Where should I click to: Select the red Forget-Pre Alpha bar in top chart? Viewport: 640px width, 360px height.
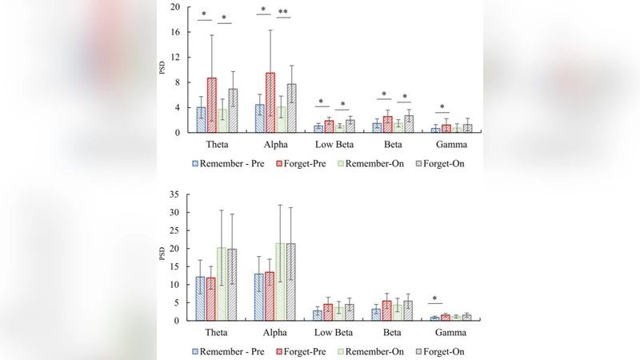tap(270, 103)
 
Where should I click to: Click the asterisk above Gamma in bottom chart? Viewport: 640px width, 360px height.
tap(434, 300)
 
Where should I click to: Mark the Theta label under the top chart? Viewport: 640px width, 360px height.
tap(218, 146)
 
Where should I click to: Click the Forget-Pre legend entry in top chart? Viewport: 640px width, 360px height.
tap(307, 163)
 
